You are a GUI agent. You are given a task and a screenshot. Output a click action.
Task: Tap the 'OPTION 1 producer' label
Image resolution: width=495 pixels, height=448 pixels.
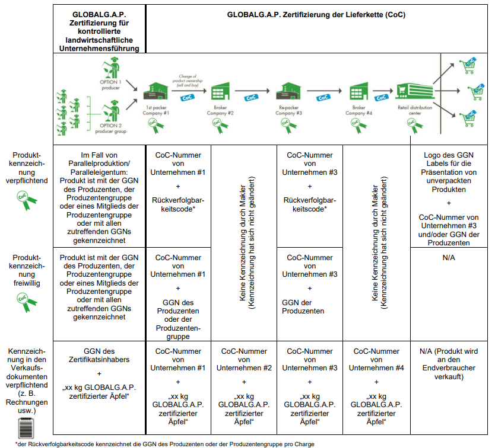(110, 85)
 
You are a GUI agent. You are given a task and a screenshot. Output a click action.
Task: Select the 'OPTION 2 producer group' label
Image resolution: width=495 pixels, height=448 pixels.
(111, 129)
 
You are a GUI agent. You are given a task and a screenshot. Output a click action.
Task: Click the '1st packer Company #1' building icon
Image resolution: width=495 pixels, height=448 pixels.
(156, 91)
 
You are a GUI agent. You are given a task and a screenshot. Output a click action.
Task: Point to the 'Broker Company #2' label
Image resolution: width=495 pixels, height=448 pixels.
(220, 110)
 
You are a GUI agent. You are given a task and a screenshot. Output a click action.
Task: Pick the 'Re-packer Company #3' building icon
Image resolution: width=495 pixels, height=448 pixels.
(288, 91)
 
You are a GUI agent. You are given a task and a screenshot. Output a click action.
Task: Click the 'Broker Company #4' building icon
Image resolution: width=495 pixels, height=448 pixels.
(358, 91)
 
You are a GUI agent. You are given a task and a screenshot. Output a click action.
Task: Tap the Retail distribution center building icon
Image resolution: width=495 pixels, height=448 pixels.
(415, 92)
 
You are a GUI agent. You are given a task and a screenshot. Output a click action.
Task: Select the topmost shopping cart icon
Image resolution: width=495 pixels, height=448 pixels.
(468, 65)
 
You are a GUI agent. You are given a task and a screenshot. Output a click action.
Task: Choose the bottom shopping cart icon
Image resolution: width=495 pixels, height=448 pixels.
(468, 119)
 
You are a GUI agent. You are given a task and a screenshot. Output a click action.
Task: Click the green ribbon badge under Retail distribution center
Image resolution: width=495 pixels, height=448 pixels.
(415, 126)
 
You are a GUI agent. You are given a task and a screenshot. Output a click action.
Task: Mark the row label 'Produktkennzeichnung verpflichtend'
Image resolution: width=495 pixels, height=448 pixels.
(27, 168)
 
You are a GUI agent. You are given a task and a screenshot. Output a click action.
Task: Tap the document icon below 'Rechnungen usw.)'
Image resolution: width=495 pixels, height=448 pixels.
(26, 428)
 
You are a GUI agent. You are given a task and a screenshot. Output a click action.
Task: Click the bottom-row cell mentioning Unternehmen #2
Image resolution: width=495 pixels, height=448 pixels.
(244, 388)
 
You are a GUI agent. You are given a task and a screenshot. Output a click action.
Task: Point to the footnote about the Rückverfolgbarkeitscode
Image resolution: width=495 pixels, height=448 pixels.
(165, 444)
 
